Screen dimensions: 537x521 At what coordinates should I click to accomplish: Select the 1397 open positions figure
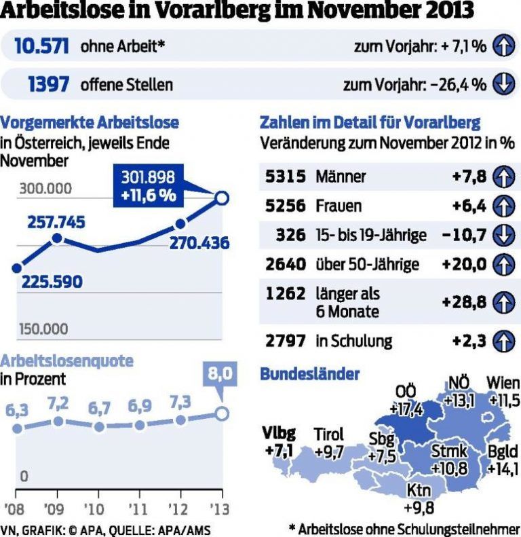coord(49,84)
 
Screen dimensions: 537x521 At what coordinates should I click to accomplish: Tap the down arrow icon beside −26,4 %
coord(503,84)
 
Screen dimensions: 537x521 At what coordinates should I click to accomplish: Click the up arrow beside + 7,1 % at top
coord(503,46)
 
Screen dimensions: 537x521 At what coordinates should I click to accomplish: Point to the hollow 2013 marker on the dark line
coord(221,198)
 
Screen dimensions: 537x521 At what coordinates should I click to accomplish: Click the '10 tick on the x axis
coord(98,507)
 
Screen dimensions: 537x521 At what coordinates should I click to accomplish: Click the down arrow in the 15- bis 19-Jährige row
coord(503,235)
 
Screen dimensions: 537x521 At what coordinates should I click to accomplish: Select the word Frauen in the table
coord(339,206)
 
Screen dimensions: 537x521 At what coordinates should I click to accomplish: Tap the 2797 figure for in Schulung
coord(286,340)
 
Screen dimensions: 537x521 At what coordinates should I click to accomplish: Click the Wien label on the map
coord(503,382)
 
